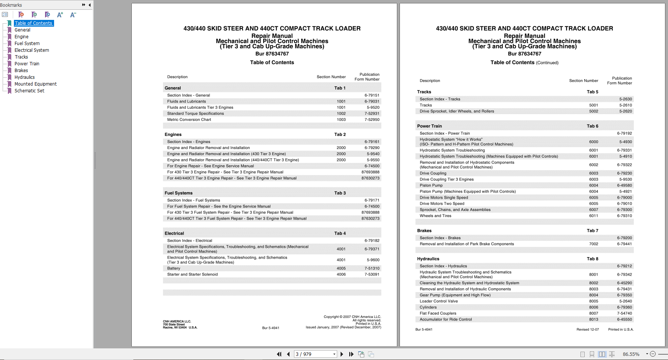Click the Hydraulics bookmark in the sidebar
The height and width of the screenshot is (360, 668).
pos(24,77)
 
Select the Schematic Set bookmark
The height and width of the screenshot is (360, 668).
pos(29,91)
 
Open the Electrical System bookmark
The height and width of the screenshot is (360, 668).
pos(32,50)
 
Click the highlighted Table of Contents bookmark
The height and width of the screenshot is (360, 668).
pos(33,23)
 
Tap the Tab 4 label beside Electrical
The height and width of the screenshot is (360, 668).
pos(340,233)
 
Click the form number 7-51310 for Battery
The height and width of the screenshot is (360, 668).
pos(372,268)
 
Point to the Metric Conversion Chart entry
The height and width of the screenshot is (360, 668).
pos(189,120)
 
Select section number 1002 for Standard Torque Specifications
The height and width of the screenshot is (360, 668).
pos(341,114)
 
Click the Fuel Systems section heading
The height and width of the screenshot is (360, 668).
pos(178,193)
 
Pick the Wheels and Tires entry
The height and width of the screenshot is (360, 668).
pos(435,216)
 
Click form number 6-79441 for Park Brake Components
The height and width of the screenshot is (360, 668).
pos(624,244)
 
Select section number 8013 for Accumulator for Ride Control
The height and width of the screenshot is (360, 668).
pos(593,319)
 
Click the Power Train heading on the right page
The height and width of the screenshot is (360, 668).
pos(429,126)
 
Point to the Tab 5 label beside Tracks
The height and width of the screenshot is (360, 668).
pos(592,92)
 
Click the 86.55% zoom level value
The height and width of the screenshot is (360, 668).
pos(631,354)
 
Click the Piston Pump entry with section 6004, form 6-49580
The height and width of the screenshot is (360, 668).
pos(431,185)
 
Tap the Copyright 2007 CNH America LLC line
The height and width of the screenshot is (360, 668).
pos(352,317)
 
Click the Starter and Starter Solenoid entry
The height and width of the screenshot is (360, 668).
pos(192,274)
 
